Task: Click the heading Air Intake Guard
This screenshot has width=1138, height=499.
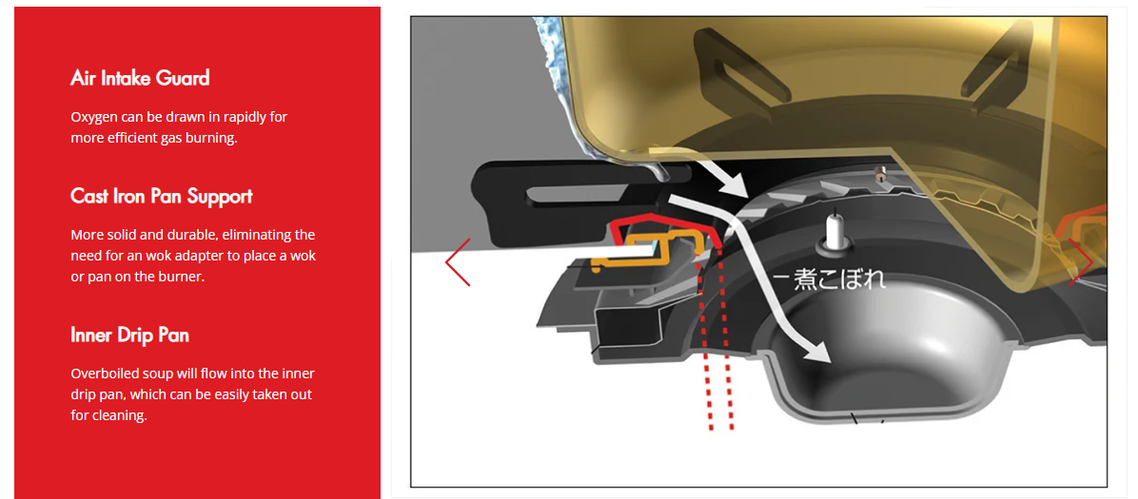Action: click(140, 78)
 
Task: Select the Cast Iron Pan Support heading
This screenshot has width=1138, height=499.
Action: click(161, 196)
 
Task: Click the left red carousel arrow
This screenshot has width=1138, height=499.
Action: click(458, 261)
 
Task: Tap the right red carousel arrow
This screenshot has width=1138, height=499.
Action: click(1080, 261)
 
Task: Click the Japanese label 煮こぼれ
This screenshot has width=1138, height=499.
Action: click(840, 280)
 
